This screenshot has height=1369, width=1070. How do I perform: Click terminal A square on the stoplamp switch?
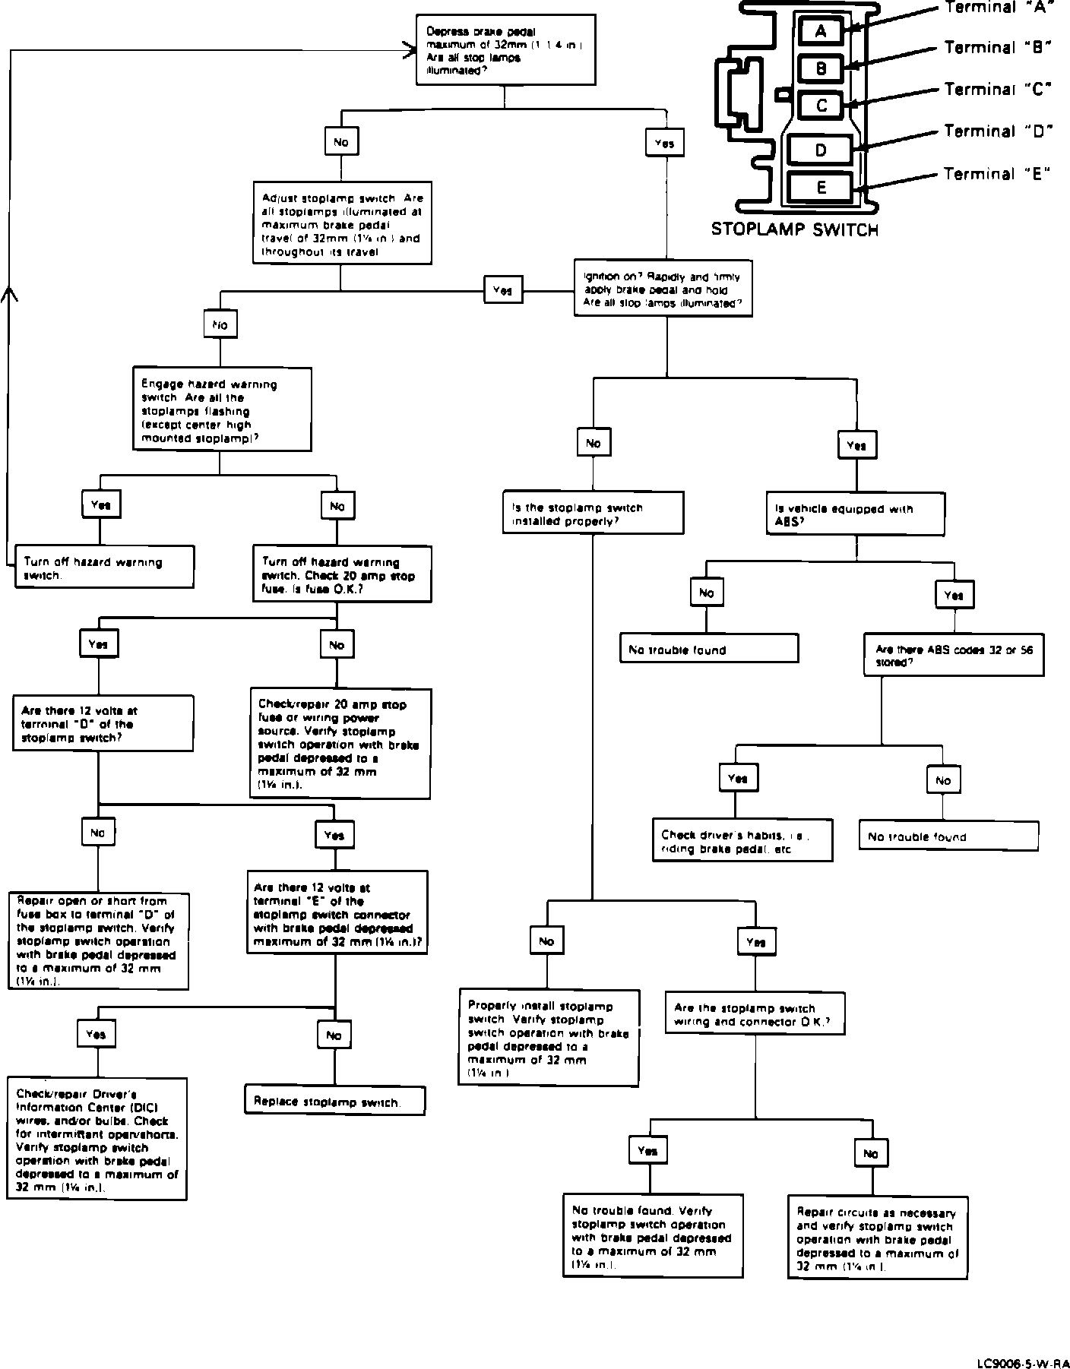coord(820,31)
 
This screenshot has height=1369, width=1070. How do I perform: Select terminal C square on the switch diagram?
coord(821,106)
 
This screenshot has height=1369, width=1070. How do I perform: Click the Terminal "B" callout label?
coord(997,48)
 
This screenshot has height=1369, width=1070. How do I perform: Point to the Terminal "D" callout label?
coord(997,131)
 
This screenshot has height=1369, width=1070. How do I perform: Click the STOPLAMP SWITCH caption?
coord(794,229)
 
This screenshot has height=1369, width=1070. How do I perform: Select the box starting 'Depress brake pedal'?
coord(505,50)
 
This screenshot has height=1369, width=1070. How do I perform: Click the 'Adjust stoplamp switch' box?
coord(342,224)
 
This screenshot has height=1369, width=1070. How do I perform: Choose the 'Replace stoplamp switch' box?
coord(334,1102)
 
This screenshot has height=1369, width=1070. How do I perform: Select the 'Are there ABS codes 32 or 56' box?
coord(954,656)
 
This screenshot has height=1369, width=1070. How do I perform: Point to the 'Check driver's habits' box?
coord(742,840)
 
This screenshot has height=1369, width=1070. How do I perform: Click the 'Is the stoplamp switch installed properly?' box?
coord(593,514)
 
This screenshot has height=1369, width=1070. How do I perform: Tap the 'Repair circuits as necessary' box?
coord(878,1240)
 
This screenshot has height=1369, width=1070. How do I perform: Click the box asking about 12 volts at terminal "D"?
coord(103,724)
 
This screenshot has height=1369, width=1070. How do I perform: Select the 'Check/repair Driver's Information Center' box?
coord(97,1139)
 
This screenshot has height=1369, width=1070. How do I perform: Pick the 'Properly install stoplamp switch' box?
coord(549,1037)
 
